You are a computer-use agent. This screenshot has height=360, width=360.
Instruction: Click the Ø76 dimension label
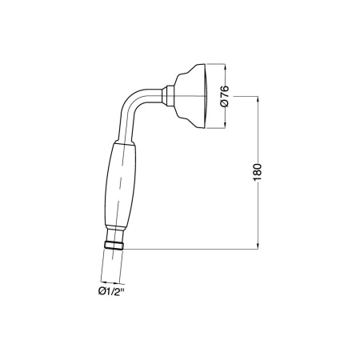[225, 96]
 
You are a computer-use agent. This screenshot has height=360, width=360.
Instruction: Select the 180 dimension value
[257, 172]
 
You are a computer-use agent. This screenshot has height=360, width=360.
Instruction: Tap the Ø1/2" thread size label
[111, 291]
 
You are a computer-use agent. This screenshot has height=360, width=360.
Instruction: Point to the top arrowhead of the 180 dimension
[258, 99]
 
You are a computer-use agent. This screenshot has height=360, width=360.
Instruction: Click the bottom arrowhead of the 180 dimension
[258, 246]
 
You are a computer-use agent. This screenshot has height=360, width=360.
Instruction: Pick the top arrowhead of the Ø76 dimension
[226, 67]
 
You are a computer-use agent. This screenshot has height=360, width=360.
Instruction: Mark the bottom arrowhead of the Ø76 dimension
[226, 126]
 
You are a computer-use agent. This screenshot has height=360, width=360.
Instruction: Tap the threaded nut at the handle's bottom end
[114, 246]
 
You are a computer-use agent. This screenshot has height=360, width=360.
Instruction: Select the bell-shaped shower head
[190, 96]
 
